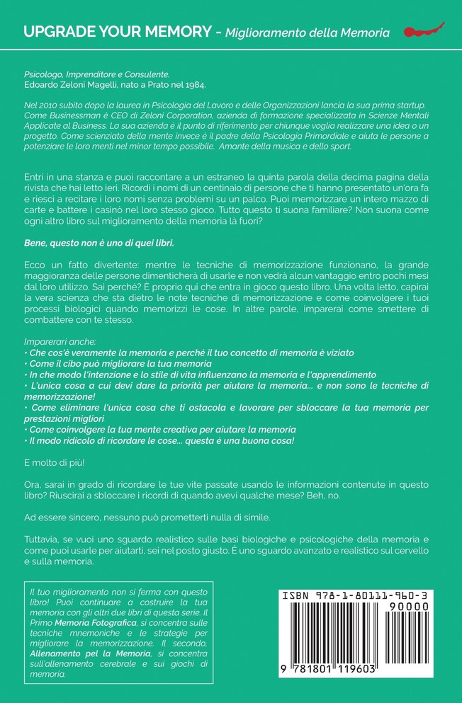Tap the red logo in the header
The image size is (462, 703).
coord(423,30)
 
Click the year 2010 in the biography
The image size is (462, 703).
coord(47,105)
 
